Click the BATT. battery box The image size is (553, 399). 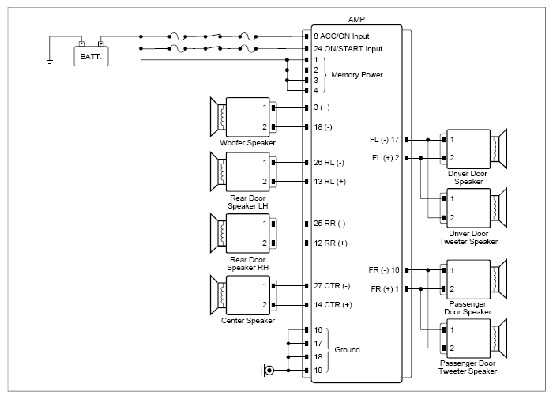(x=91, y=56)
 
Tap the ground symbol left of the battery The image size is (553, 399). (x=50, y=62)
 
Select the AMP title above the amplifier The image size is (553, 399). (x=356, y=20)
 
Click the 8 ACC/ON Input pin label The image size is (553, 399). (x=341, y=36)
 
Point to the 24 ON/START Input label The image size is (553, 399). (x=348, y=49)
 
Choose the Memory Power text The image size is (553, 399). (x=357, y=75)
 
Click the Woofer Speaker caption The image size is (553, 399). (x=247, y=143)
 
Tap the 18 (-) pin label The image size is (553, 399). (x=323, y=127)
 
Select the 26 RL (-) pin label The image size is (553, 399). (x=329, y=163)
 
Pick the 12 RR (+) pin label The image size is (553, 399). (x=330, y=243)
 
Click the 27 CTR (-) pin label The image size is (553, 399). (x=332, y=286)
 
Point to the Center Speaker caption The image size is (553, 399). (x=248, y=321)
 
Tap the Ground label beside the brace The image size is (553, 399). (x=347, y=349)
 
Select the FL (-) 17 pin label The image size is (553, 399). (x=384, y=140)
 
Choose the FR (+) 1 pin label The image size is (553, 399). (x=385, y=289)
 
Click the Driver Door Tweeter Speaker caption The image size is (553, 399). (x=468, y=237)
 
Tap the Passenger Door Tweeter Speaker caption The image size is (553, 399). (x=468, y=367)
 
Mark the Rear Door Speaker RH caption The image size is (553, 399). (x=247, y=264)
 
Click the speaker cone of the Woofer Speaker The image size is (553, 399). (x=214, y=117)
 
